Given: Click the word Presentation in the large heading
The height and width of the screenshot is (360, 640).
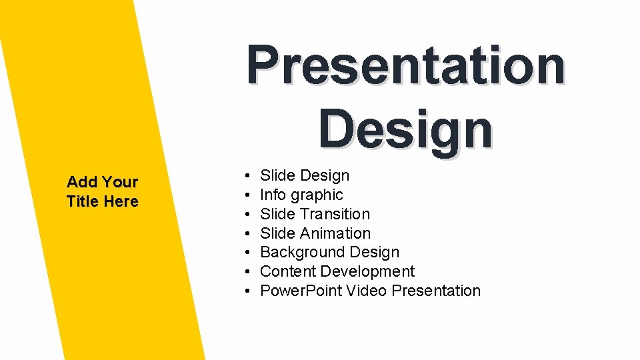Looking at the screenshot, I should [405, 66].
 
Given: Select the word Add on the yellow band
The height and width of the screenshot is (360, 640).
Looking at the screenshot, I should [82, 182].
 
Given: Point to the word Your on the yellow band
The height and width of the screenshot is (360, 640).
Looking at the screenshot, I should [120, 182].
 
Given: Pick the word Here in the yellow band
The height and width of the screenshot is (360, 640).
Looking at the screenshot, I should [121, 201].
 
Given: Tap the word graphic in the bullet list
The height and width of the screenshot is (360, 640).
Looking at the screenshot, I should [317, 195].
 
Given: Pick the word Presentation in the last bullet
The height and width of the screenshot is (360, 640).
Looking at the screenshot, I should [436, 291].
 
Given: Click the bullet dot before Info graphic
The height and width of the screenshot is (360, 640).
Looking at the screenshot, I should [247, 195].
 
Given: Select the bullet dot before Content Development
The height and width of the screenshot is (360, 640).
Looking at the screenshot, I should [247, 272].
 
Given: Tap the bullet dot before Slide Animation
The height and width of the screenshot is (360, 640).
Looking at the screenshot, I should [247, 233].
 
